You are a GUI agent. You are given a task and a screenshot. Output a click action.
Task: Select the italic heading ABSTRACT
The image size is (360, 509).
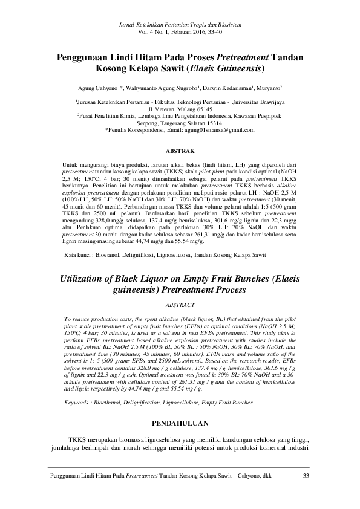(180, 306)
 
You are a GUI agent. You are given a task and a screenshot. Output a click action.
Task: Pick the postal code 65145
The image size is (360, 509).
(193, 109)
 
